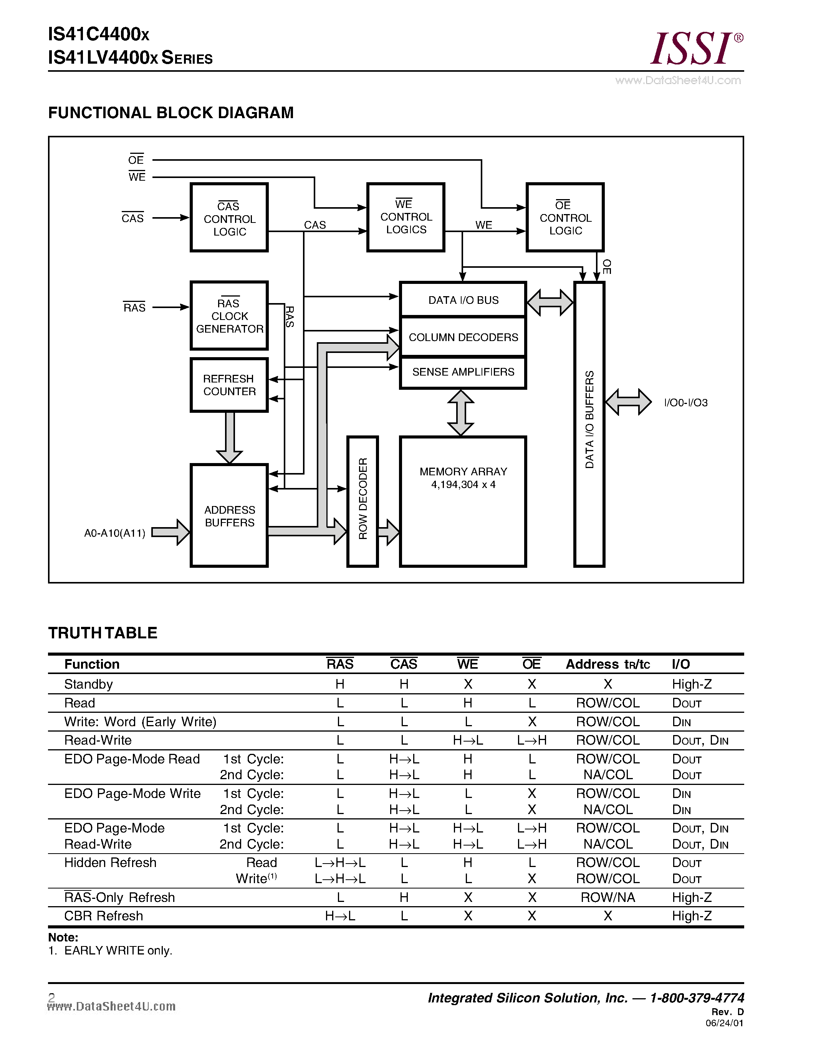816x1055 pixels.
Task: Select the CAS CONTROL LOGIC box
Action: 229,218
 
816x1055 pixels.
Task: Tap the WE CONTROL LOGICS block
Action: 406,218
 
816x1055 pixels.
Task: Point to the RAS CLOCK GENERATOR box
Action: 229,316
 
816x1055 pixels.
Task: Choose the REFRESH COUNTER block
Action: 229,385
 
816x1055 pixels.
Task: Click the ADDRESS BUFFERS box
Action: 229,516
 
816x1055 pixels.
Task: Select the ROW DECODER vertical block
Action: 362,501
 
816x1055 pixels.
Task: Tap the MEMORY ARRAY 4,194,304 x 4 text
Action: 463,478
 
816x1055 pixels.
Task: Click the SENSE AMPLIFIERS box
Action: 463,372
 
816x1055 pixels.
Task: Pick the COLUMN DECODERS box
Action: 463,337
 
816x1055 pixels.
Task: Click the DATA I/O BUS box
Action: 463,300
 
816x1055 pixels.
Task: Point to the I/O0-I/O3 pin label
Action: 685,403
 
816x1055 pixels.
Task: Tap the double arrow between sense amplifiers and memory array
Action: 461,412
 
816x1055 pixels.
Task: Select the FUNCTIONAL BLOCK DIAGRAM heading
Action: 170,112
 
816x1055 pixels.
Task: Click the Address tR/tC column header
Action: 607,664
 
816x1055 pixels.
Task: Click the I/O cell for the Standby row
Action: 691,684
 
